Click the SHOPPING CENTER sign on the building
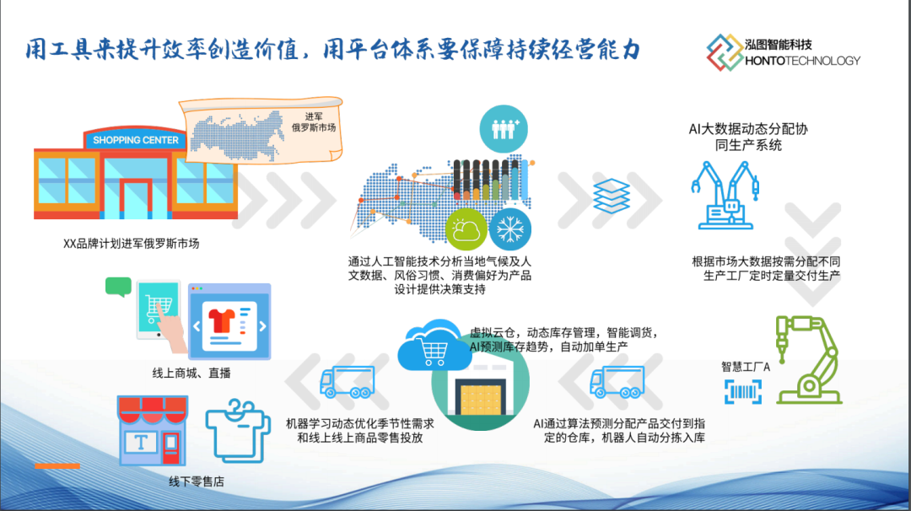coord(135,140)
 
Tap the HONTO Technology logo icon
coord(725,52)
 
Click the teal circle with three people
coord(504,129)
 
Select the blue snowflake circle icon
coord(510,229)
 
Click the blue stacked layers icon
coord(612,196)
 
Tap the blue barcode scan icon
coord(743,392)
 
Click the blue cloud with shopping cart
coord(434,346)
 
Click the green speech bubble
coord(119,287)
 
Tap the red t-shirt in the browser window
coord(221,320)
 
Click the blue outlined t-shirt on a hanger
coord(238,431)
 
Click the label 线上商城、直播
coord(191,374)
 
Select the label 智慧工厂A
coord(746,367)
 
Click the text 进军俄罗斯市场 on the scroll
coord(314,122)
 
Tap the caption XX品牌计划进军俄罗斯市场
coord(132,244)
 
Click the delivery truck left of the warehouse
coord(348,381)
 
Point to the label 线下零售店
coord(197,481)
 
